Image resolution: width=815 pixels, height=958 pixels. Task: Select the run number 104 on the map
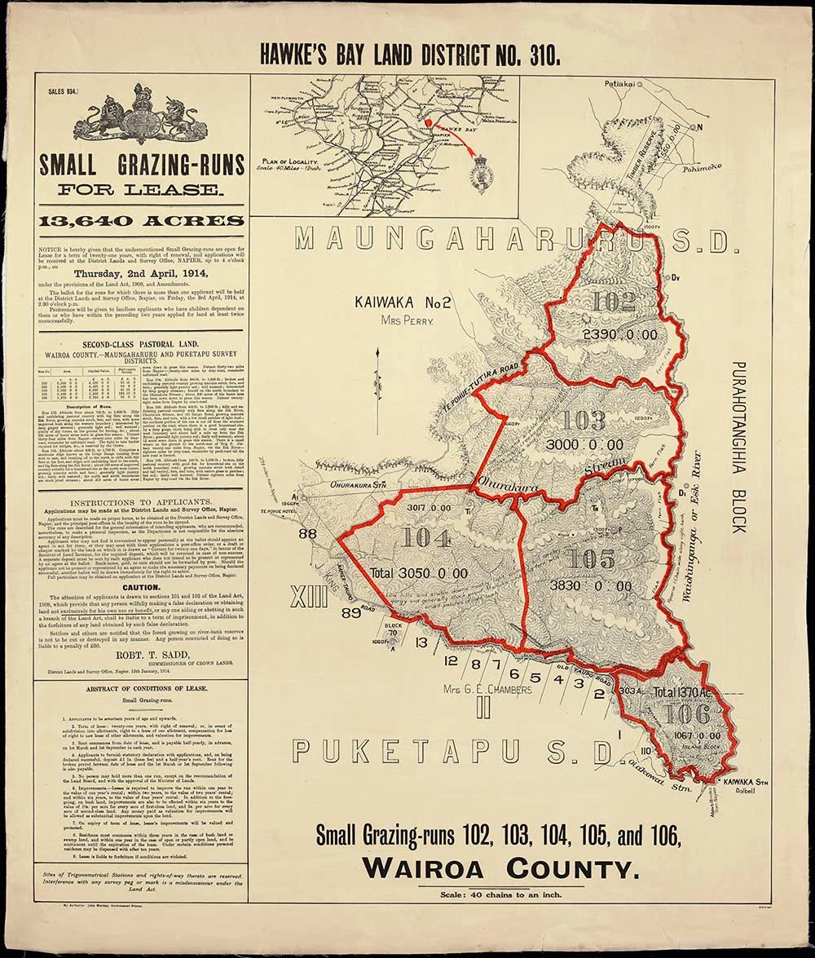[426, 538]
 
